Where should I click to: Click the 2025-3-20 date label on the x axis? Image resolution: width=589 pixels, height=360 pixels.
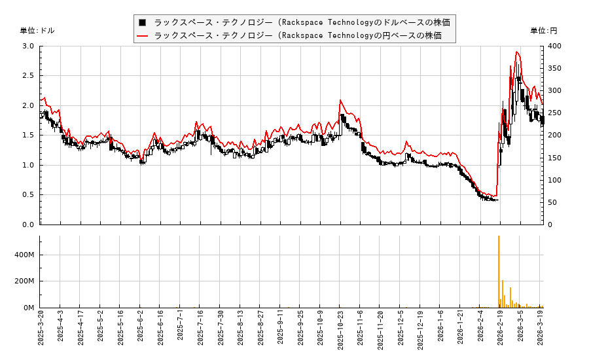41,331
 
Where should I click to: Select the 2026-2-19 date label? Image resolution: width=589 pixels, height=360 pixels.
501,331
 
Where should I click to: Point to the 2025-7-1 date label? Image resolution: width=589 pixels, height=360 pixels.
181,333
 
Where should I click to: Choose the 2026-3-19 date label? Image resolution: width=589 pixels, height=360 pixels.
541,331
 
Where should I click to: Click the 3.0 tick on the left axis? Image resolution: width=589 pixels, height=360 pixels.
28,46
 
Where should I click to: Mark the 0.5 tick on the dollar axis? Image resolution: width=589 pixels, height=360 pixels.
28,195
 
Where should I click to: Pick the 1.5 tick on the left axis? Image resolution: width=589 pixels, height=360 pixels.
28,135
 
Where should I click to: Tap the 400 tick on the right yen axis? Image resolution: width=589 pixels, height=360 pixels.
554,46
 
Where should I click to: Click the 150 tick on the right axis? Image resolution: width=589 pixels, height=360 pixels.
554,158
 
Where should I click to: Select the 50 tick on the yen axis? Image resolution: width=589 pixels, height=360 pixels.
552,202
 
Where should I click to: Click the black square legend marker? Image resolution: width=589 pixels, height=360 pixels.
142,22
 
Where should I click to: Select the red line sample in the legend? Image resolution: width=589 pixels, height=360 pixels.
142,35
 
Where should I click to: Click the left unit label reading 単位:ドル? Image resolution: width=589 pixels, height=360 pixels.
37,31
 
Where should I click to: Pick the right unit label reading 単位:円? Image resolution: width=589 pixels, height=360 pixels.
543,31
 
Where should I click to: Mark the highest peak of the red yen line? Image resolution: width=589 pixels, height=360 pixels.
517,52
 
